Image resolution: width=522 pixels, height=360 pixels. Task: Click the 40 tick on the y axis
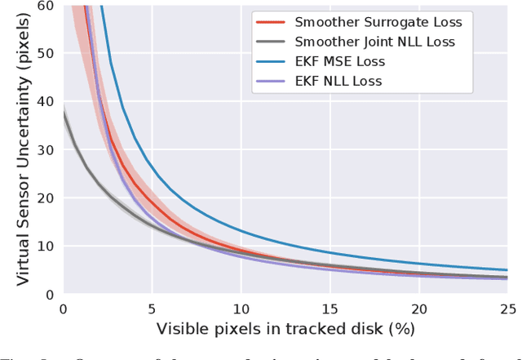point(46,103)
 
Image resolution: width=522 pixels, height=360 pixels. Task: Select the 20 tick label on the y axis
point(46,198)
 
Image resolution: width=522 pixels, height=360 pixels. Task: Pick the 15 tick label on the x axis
point(330,309)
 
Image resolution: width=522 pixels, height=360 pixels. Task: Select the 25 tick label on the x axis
point(507,309)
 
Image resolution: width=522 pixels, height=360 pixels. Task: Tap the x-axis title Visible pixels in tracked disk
point(285,330)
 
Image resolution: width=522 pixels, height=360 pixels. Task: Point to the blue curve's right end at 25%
point(507,270)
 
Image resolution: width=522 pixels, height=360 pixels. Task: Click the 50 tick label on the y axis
point(46,55)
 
